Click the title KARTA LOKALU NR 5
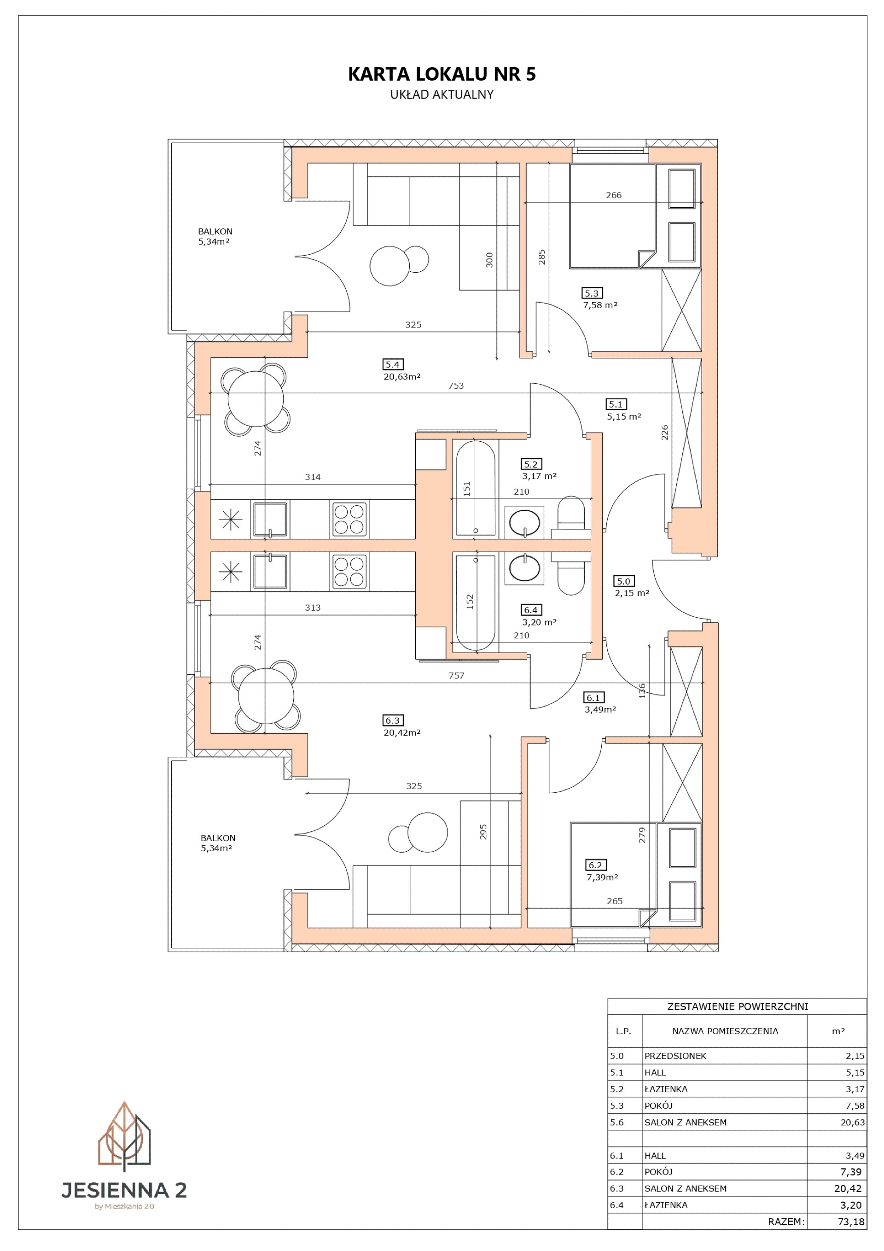[x=442, y=74]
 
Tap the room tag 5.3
[x=592, y=293]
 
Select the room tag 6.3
[x=393, y=720]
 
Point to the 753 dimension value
[x=456, y=386]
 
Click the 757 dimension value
[x=456, y=676]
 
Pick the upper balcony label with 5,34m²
[x=215, y=236]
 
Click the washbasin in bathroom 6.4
[x=524, y=569]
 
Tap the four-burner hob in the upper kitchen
[x=349, y=519]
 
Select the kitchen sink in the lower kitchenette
[x=270, y=571]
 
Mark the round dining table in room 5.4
[x=256, y=399]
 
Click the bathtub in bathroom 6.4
[x=476, y=602]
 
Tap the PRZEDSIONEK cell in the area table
[x=675, y=1055]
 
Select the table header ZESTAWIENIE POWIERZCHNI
[x=738, y=1006]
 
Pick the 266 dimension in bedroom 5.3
[x=614, y=195]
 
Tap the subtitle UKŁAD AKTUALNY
[x=442, y=94]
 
